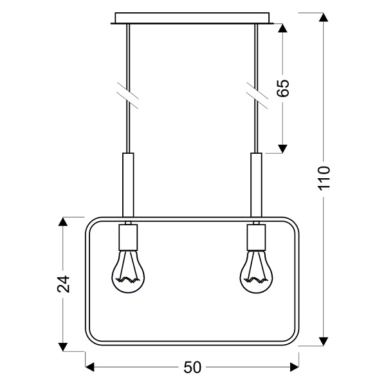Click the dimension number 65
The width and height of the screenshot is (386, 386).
pyautogui.click(x=284, y=88)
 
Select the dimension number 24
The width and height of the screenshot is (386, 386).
pyautogui.click(x=62, y=284)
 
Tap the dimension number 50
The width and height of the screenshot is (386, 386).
pyautogui.click(x=193, y=368)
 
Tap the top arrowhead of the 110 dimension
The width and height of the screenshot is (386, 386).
pyautogui.click(x=324, y=17)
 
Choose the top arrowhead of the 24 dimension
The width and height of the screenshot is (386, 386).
pyautogui.click(x=62, y=223)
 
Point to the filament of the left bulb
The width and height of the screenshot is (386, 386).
pyautogui.click(x=129, y=280)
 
